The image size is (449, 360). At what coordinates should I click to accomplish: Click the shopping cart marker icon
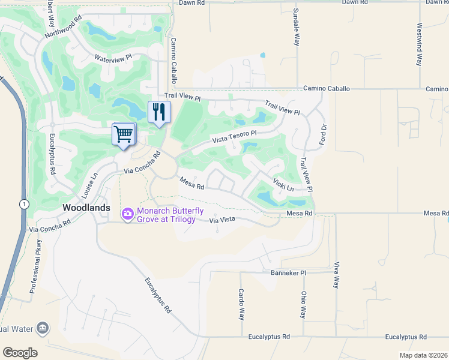click(123, 134)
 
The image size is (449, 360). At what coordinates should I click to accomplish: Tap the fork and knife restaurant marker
click(159, 112)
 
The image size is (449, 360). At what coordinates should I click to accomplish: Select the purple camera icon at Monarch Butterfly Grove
click(127, 214)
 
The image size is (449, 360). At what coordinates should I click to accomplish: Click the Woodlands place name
click(87, 207)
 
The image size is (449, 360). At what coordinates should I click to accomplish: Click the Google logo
click(20, 353)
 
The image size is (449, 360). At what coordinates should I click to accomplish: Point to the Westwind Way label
click(418, 45)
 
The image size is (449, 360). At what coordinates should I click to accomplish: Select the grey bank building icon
click(43, 328)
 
